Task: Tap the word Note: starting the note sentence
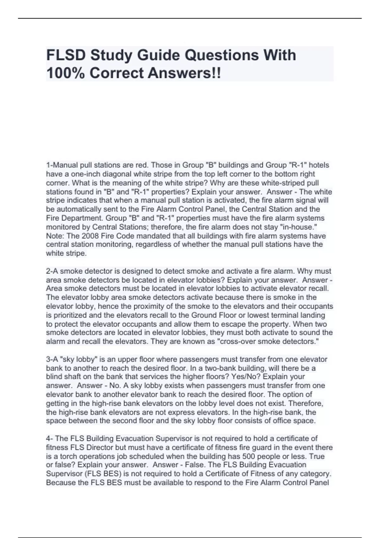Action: pos(55,236)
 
